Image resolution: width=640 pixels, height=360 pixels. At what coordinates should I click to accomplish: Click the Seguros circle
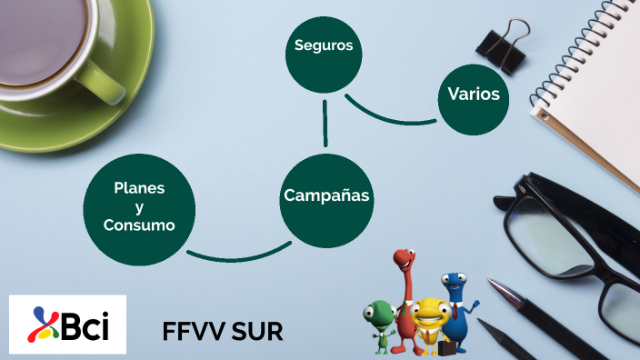point(323,45)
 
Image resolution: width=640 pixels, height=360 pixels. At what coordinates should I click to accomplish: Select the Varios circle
point(474,95)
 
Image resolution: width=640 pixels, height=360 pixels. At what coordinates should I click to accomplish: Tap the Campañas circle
point(326,196)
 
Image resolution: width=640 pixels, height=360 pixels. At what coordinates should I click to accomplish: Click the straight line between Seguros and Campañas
point(325,122)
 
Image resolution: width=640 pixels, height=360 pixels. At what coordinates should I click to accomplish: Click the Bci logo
point(67,325)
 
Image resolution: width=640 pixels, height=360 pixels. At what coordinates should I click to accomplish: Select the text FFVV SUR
point(223,330)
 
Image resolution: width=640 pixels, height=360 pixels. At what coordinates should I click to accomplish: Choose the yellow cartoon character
point(426,320)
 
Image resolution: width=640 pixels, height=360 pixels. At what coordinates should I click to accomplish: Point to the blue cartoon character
point(456,309)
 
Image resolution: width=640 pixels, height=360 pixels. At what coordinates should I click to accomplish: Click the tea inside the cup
point(36,36)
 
